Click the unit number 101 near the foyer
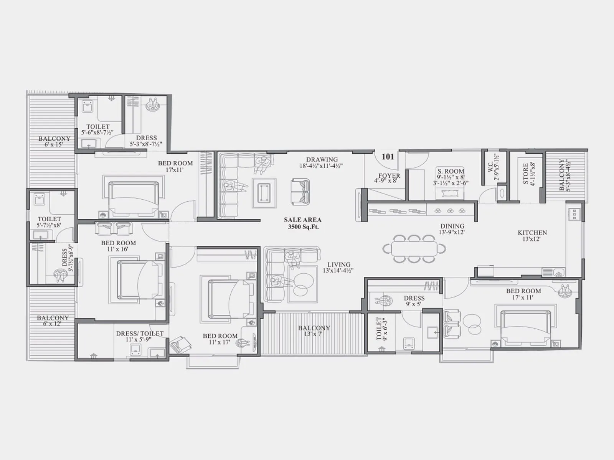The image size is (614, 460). [x=388, y=156]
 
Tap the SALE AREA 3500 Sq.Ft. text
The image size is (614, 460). [x=303, y=223]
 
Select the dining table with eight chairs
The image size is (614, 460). [x=414, y=248]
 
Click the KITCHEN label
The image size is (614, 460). [x=532, y=235]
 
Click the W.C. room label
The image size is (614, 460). [x=494, y=168]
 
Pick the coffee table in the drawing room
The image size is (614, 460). [x=264, y=193]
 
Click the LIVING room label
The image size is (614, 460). [x=338, y=267]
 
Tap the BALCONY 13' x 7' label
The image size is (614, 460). [x=314, y=331]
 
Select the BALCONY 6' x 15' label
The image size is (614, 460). [x=54, y=141]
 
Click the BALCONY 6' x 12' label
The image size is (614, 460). [x=53, y=320]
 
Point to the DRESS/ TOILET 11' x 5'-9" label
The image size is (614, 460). [x=140, y=336]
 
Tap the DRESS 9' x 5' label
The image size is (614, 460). [x=414, y=301]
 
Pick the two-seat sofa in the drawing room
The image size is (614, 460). [x=300, y=191]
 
